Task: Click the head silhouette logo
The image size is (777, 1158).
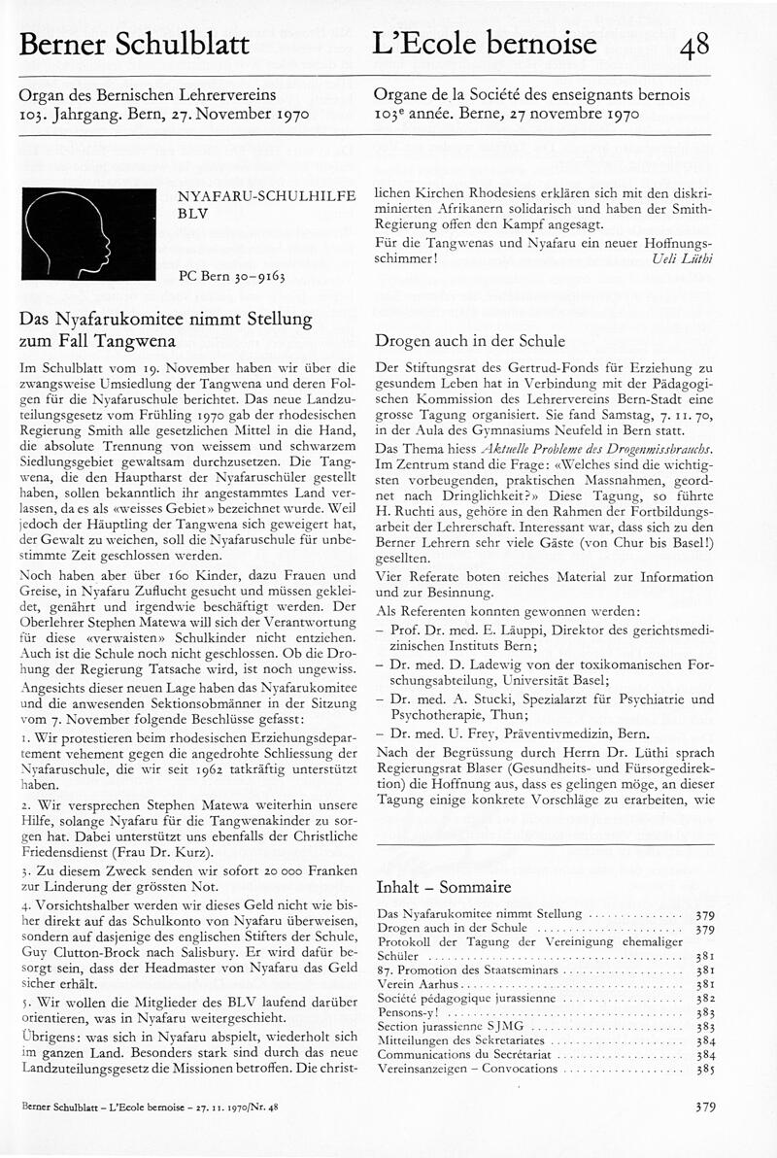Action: click(x=88, y=234)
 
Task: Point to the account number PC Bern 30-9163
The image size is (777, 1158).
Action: click(x=232, y=276)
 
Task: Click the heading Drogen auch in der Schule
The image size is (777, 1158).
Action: click(x=470, y=342)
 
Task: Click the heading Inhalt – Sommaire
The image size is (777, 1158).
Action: click(x=443, y=887)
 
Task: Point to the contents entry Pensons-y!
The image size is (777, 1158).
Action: click(x=409, y=1012)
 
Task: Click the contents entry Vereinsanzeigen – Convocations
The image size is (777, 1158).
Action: click(x=467, y=1070)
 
